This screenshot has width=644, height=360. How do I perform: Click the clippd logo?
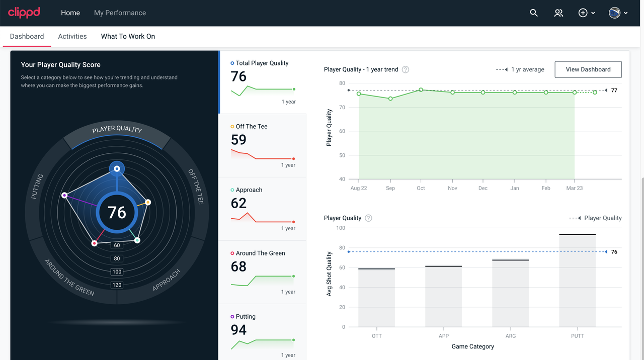[24, 13]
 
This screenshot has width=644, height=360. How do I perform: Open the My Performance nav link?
[120, 13]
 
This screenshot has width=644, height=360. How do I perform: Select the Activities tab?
[72, 36]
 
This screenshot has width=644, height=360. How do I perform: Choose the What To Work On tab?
[128, 36]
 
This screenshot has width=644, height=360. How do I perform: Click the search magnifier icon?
[534, 13]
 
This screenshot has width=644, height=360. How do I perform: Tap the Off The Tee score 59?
[238, 140]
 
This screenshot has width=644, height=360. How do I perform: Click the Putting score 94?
[238, 330]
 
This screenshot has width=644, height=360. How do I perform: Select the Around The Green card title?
[260, 253]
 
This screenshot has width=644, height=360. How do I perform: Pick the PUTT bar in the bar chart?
[577, 281]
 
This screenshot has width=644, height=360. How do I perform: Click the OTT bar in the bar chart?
[377, 298]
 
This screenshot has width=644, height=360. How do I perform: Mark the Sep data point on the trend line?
[390, 99]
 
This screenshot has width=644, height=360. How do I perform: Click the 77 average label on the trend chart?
[614, 91]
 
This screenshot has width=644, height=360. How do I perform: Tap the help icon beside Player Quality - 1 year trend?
[406, 69]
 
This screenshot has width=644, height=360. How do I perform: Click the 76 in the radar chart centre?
[117, 213]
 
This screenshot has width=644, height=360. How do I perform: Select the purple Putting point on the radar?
[64, 196]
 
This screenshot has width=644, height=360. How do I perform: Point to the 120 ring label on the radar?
[117, 285]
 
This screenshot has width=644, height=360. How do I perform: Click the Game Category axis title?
[472, 346]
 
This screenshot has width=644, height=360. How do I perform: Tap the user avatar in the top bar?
[614, 13]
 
